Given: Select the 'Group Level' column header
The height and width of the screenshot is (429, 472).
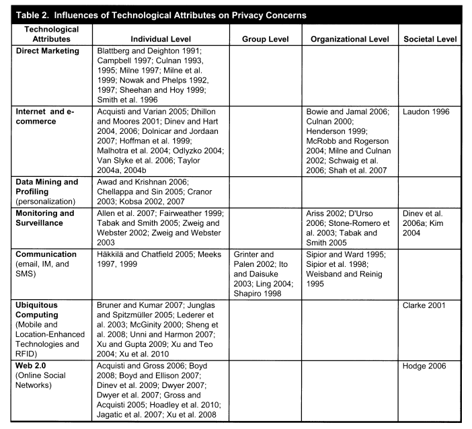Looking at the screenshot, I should (265, 40).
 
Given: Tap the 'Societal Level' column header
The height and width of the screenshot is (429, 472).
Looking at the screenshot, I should (430, 40).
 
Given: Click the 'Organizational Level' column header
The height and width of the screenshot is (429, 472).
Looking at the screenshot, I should (350, 40).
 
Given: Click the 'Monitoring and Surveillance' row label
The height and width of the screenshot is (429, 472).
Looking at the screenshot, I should (45, 219).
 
